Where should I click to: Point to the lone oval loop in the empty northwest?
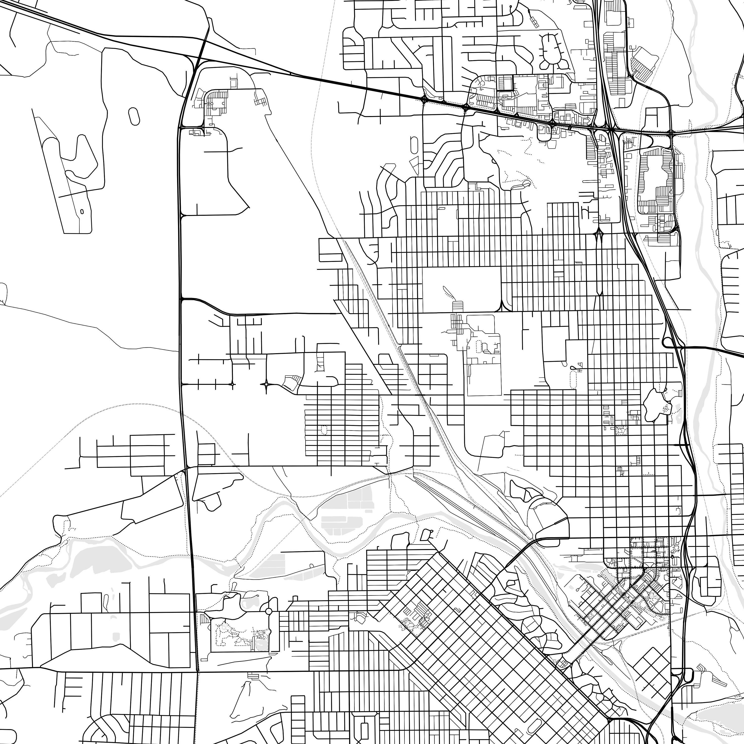coord(134,116)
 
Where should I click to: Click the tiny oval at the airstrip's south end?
coord(82,211)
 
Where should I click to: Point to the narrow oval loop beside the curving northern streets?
coord(414,144)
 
